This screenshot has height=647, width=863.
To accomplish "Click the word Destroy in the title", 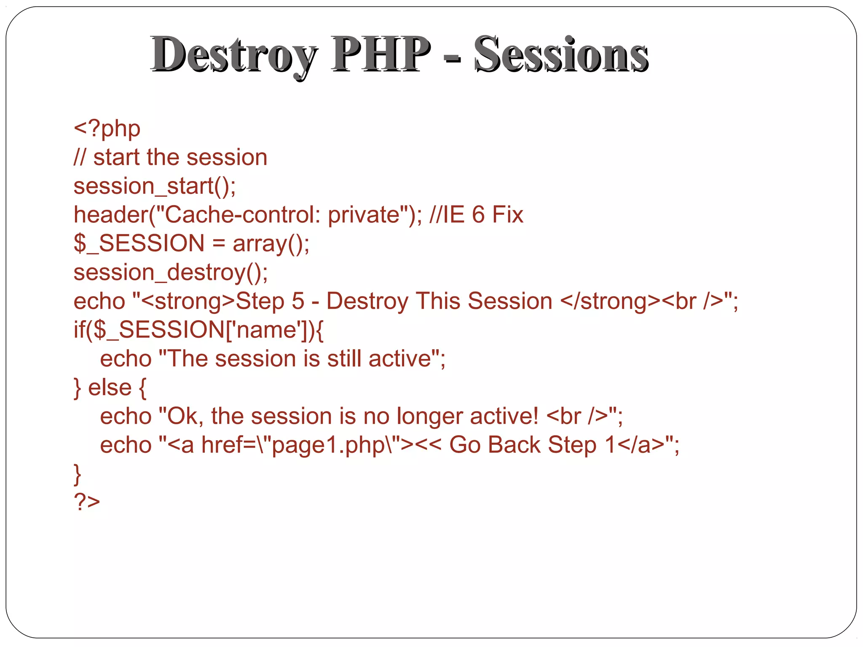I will tap(234, 55).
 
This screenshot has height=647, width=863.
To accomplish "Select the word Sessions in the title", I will tap(561, 55).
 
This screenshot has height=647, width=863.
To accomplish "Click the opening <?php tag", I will tap(107, 128).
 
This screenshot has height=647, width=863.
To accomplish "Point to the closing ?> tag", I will tap(87, 501).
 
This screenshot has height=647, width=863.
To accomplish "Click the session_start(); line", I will tap(155, 186).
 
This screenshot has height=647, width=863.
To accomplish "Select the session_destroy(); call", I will tap(171, 273).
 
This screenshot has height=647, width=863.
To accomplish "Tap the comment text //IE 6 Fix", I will tap(476, 215).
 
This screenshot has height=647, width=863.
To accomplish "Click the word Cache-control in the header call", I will tap(236, 215).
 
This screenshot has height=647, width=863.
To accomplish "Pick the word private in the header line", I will tap(363, 215).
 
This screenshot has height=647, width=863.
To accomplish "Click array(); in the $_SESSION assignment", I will tap(271, 244).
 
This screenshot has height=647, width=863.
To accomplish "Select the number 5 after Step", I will tap(298, 301).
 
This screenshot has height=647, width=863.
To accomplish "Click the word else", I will tap(110, 388).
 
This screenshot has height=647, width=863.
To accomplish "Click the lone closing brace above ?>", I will tap(78, 474).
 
